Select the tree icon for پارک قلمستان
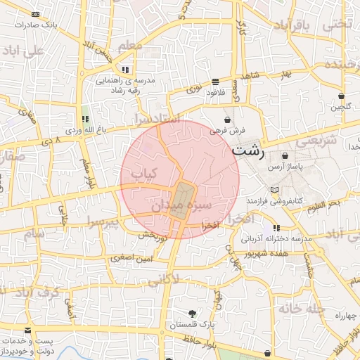click(193, 314)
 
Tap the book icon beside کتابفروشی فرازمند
click(274, 191)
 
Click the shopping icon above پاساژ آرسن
click(285, 156)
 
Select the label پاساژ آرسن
click(285, 167)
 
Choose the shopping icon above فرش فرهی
click(228, 120)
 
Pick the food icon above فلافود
click(214, 81)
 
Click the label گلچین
click(341, 107)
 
